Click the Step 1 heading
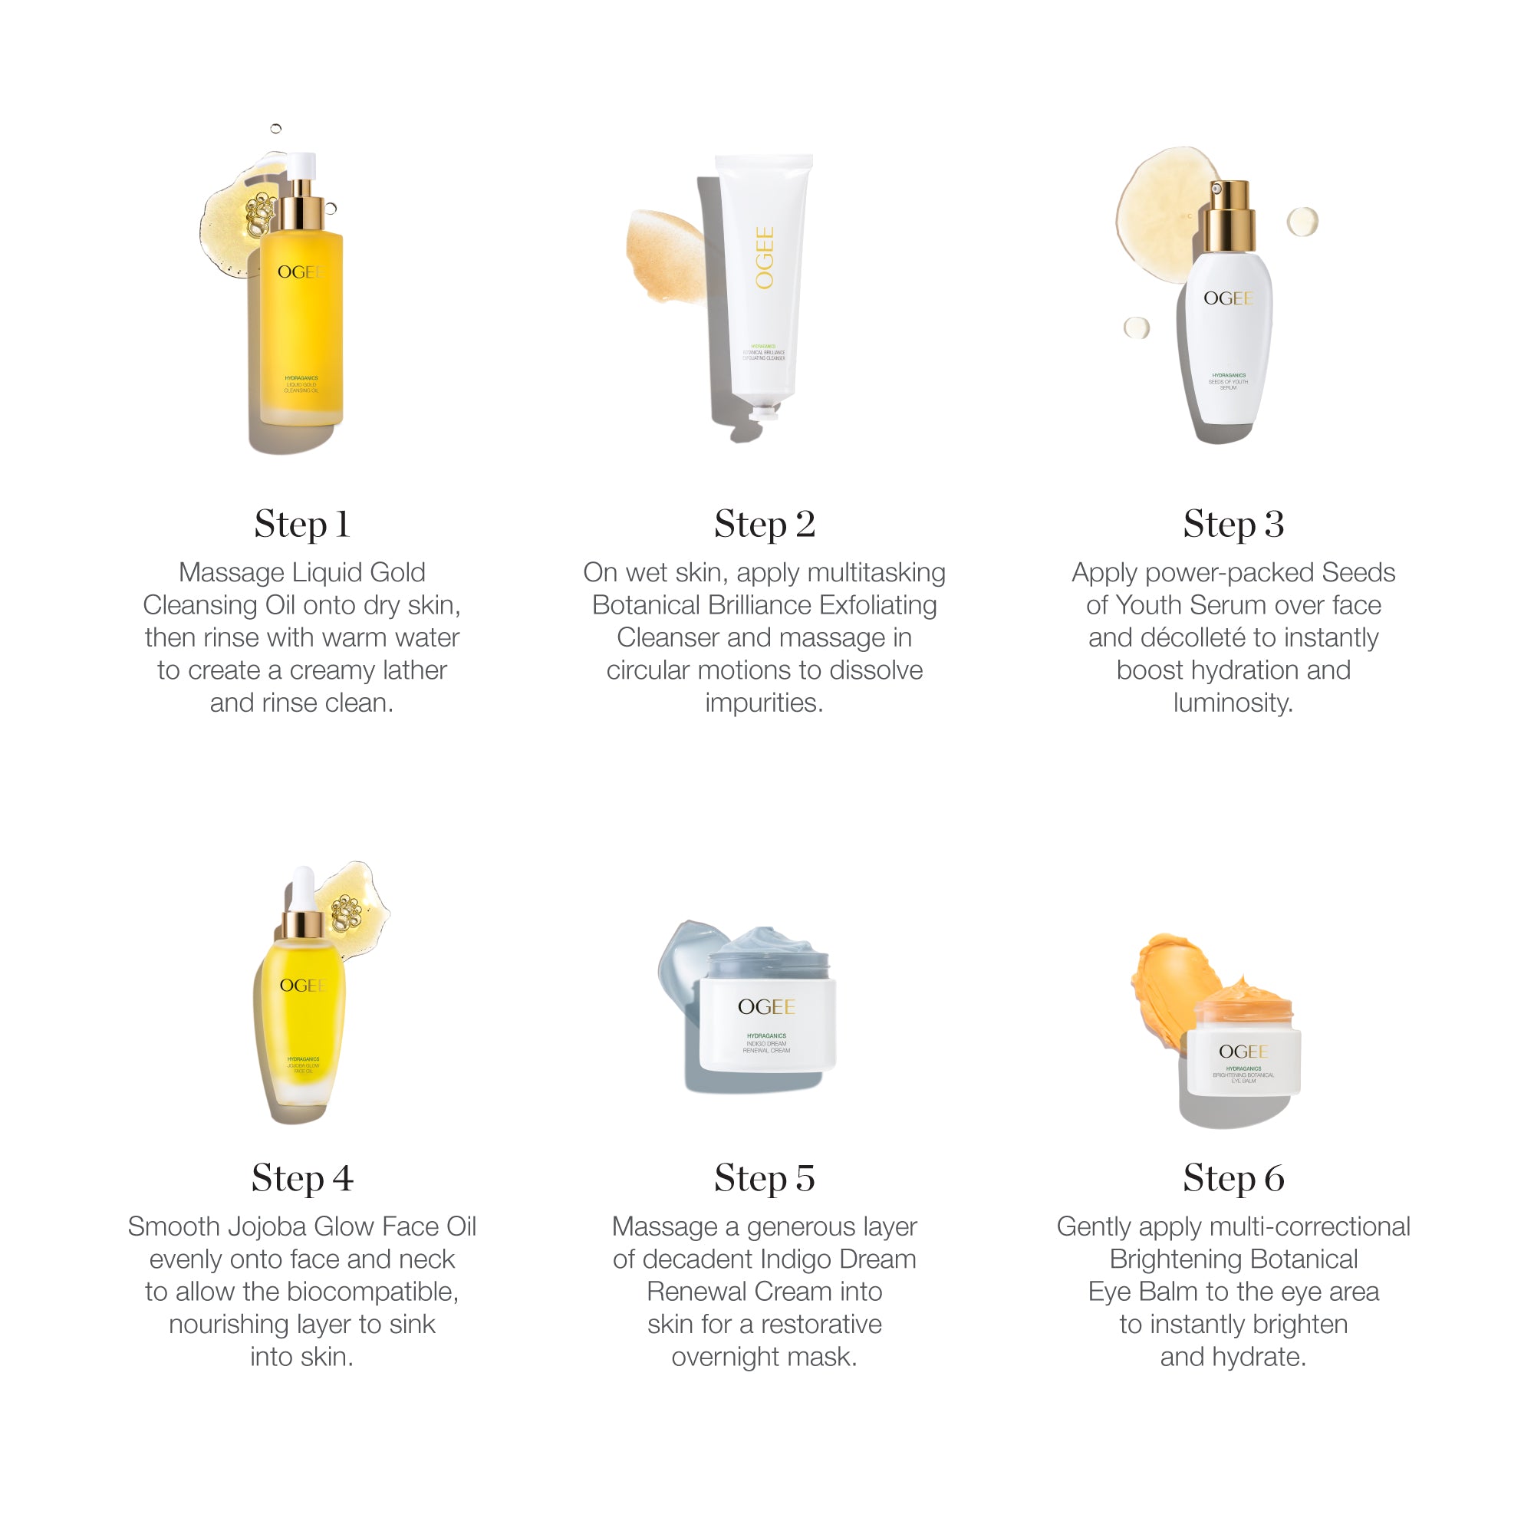pyautogui.click(x=301, y=525)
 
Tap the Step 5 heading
pyautogui.click(x=764, y=1178)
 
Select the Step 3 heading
pyautogui.click(x=1233, y=525)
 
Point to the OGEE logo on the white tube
pyautogui.click(x=765, y=258)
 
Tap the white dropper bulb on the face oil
pyautogui.click(x=302, y=889)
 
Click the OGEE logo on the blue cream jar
pyautogui.click(x=766, y=1008)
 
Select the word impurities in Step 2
pyautogui.click(x=764, y=703)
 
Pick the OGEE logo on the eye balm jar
pyautogui.click(x=1243, y=1052)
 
